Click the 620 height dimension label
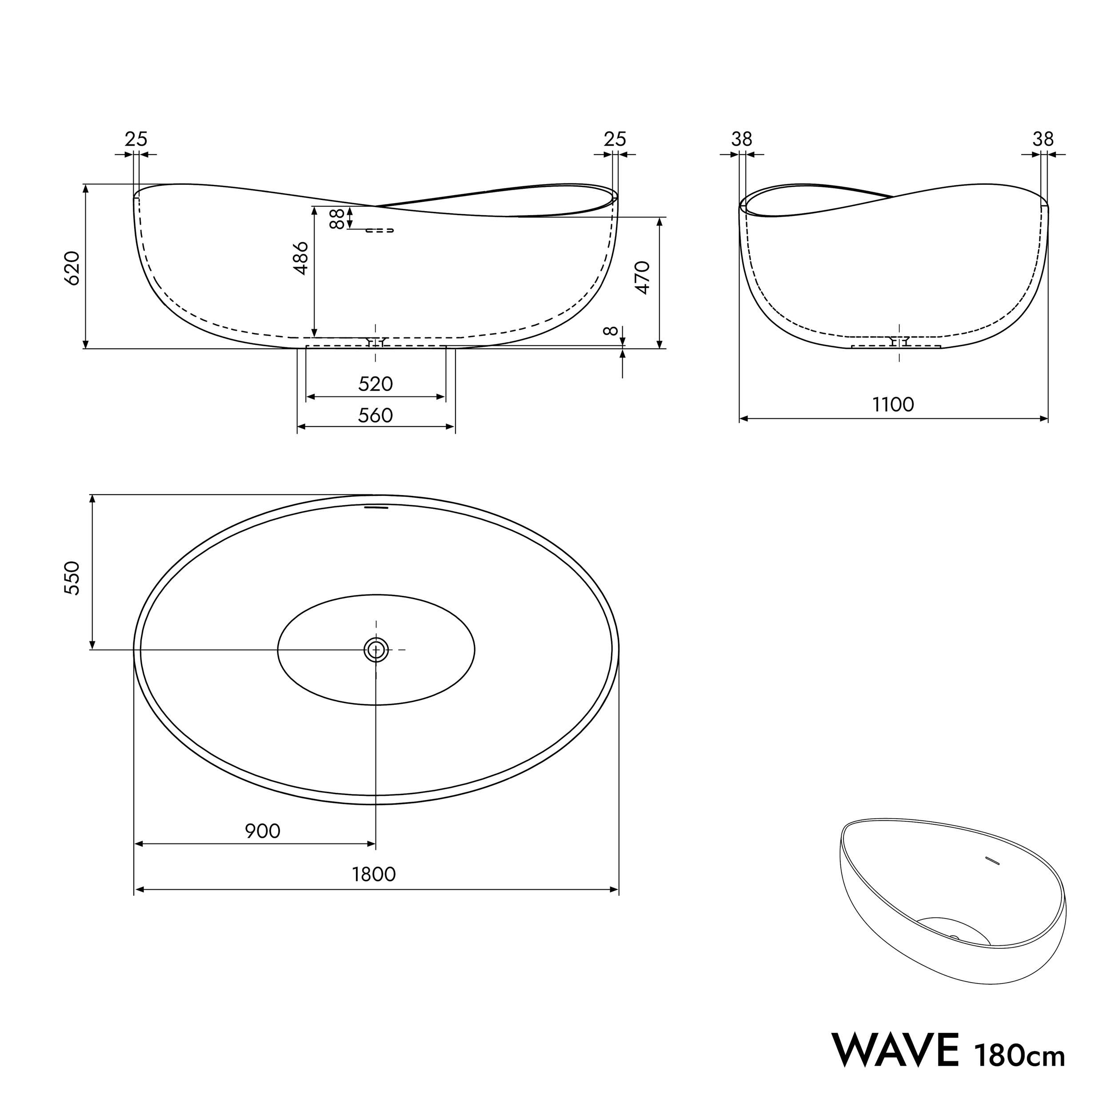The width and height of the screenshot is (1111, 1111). (x=71, y=268)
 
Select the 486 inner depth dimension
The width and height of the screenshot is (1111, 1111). (x=301, y=258)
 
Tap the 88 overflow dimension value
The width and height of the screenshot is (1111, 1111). (x=337, y=219)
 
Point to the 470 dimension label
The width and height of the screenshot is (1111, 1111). (x=643, y=278)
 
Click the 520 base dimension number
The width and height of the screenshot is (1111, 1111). (x=376, y=384)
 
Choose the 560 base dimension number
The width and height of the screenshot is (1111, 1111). (x=376, y=415)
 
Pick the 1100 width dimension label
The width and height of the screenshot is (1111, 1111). (x=893, y=405)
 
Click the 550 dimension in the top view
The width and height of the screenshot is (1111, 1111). (x=71, y=579)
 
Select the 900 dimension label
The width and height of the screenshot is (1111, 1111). (x=263, y=831)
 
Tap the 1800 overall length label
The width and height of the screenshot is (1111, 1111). (x=374, y=875)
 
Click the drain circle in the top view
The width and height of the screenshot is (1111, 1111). (x=376, y=650)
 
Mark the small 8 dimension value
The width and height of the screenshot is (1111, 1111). (x=611, y=331)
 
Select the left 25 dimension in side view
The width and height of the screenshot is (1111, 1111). (x=136, y=139)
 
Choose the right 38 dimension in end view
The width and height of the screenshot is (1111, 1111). (x=1043, y=139)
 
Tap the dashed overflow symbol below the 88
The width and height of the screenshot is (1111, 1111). (x=380, y=230)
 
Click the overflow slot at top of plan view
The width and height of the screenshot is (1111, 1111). (x=377, y=507)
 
